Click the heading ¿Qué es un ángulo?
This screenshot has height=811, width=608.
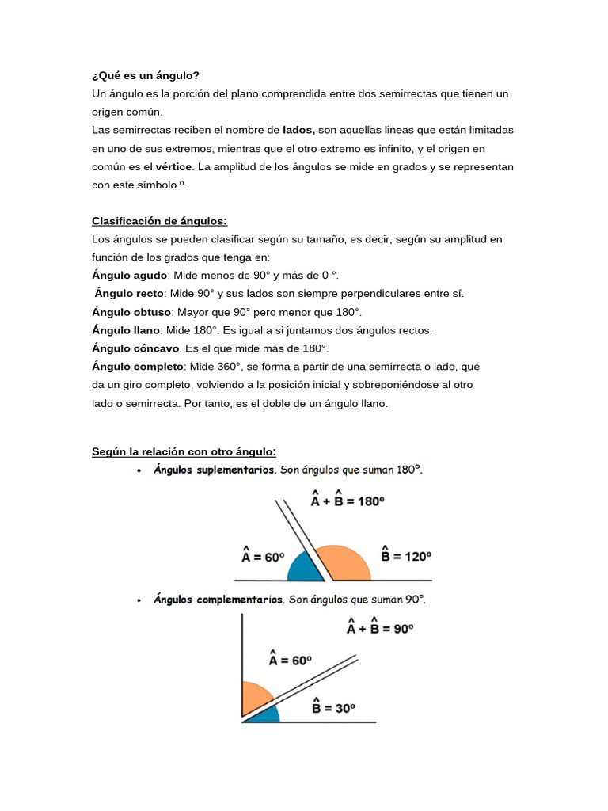[x=146, y=75]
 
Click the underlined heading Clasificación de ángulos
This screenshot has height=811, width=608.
[x=159, y=221]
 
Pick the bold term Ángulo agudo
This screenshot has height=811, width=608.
[x=130, y=276]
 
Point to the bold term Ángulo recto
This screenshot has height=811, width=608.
[x=129, y=294]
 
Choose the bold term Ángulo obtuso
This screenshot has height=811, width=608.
[x=131, y=312]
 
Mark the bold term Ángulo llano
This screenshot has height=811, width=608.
[x=127, y=330]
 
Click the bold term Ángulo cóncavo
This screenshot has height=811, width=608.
[x=135, y=348]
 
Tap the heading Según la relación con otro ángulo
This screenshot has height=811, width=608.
[x=184, y=451]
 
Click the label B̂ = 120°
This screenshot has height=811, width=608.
[x=406, y=555]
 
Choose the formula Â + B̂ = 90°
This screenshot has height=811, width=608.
[x=380, y=628]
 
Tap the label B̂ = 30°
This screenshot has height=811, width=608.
[x=332, y=706]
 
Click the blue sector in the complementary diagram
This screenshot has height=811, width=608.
[x=265, y=714]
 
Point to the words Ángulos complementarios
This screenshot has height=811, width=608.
[x=218, y=600]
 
